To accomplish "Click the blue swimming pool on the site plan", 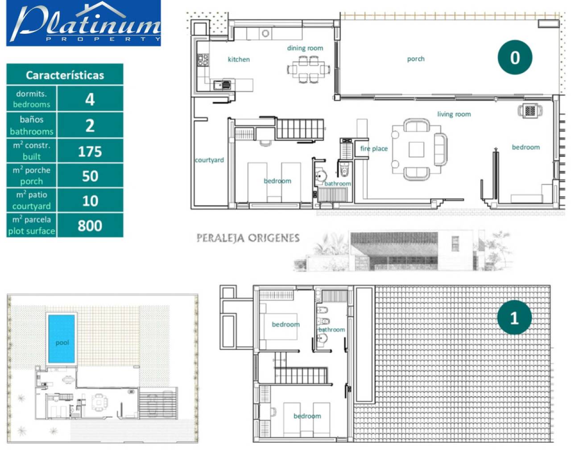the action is click(61, 339).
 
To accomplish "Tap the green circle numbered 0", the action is click(515, 58).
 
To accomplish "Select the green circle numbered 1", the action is click(514, 317).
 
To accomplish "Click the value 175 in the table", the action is click(90, 152).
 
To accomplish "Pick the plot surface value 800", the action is click(90, 226).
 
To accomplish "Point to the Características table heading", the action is click(65, 75).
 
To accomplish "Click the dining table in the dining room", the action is click(309, 69).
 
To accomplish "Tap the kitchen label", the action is click(239, 59).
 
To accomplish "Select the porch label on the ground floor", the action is click(416, 58).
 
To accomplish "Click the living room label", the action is click(454, 114).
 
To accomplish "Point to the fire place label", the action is click(374, 149).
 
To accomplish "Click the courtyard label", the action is click(209, 160).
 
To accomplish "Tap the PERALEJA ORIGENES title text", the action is click(248, 238).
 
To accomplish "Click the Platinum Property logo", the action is click(83, 23).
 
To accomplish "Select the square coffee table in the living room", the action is click(416, 150).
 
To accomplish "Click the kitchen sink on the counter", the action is click(222, 85).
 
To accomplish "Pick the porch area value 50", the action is click(90, 176).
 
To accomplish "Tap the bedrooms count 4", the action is click(90, 100).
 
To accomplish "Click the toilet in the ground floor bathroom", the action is click(344, 169).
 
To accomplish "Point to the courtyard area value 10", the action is click(90, 201).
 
